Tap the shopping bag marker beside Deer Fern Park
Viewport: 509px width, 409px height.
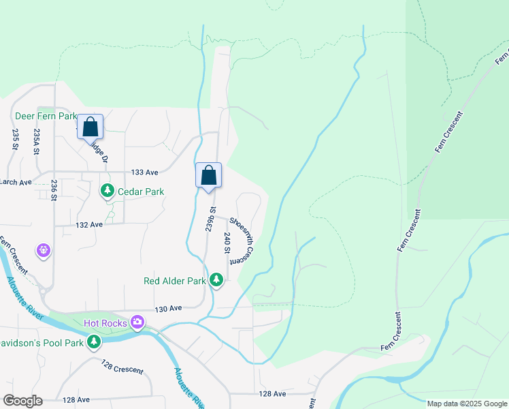(x=90, y=127)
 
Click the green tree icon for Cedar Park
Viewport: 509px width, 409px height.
(x=107, y=191)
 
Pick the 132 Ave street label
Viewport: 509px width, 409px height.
(x=89, y=224)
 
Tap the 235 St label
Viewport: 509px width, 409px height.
(x=15, y=138)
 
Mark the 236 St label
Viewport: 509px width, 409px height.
(x=53, y=190)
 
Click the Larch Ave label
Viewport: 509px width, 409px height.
(x=15, y=182)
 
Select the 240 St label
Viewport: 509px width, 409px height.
(x=227, y=243)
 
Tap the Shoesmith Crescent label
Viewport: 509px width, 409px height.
(x=242, y=240)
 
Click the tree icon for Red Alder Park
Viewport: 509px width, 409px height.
(x=216, y=280)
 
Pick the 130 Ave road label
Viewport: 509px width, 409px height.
(x=168, y=309)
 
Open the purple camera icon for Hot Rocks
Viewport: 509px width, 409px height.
(x=137, y=321)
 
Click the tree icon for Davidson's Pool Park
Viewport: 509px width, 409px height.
(x=94, y=341)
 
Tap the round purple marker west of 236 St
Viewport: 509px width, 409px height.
(x=44, y=251)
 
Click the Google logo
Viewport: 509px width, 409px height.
(x=22, y=401)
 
